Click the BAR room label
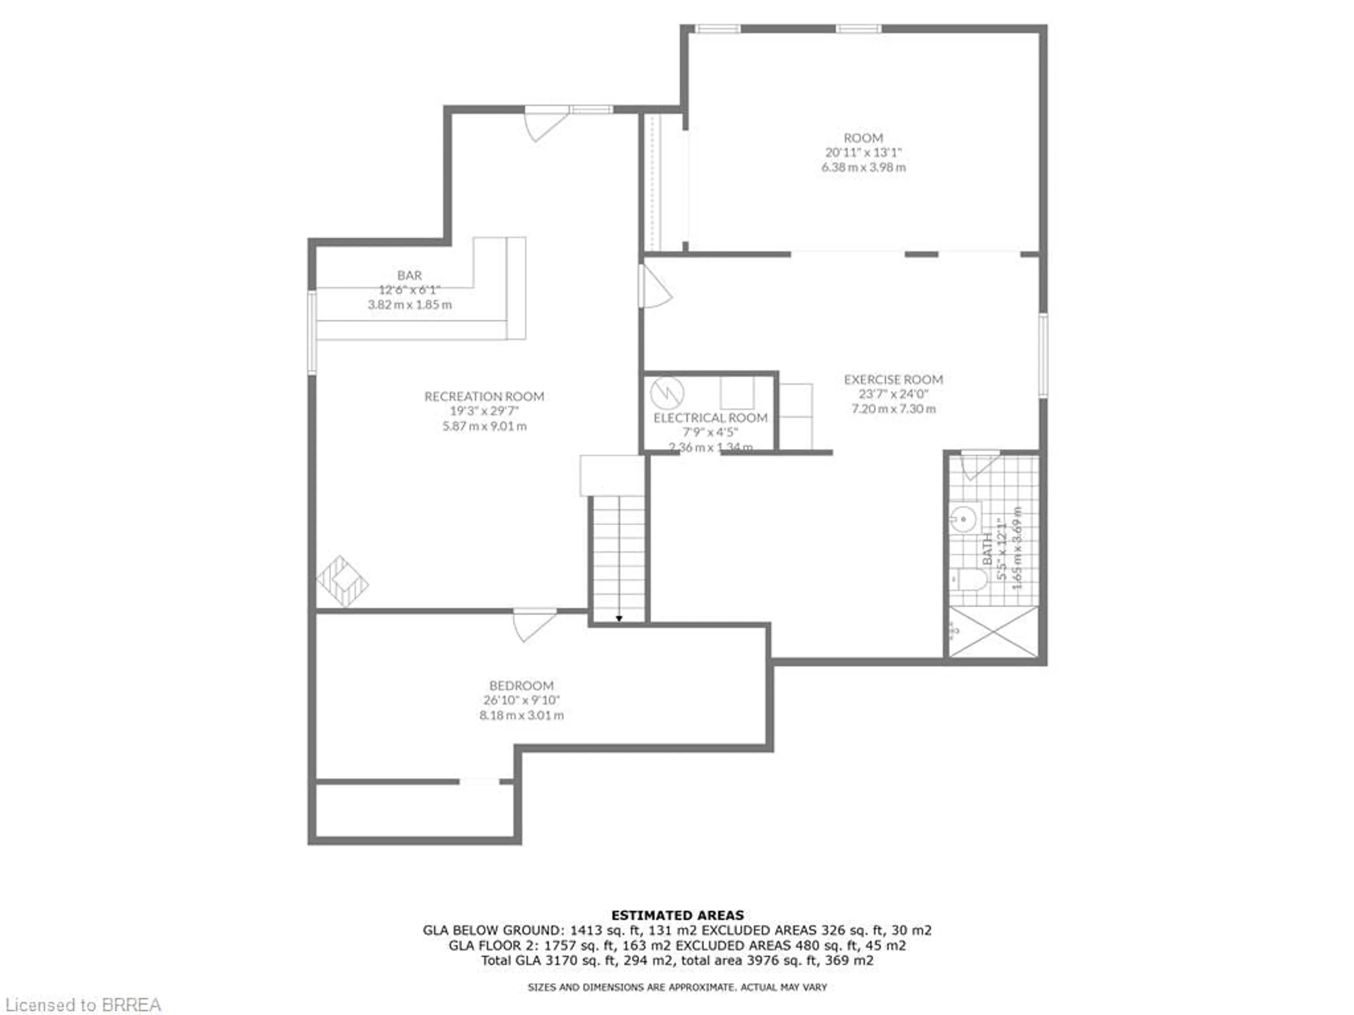(x=409, y=275)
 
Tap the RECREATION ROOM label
(x=484, y=396)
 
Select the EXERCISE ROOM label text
(x=893, y=379)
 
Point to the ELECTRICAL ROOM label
(x=710, y=418)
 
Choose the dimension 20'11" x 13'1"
(x=863, y=152)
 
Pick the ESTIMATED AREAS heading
(x=677, y=915)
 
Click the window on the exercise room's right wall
(x=1042, y=356)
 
